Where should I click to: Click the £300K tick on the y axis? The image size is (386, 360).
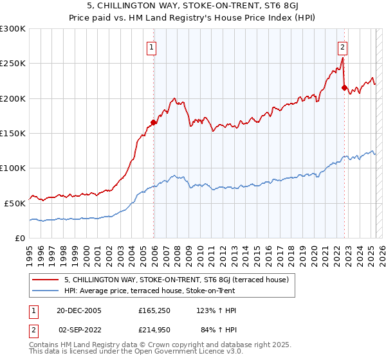[x=13, y=29]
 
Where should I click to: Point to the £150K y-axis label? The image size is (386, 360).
[x=13, y=133]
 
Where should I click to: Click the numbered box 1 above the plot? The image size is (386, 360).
[x=151, y=46]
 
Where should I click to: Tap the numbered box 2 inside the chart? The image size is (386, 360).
[x=342, y=46]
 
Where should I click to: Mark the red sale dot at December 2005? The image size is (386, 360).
[x=154, y=123]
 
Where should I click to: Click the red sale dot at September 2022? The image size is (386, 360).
[x=344, y=88]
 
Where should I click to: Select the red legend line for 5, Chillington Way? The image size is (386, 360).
[x=45, y=280]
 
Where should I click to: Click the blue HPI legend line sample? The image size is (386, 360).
[x=45, y=291]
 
